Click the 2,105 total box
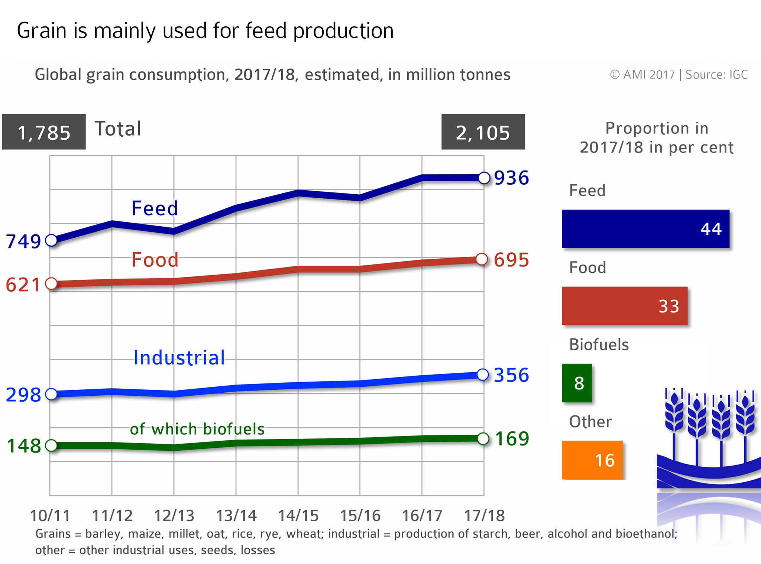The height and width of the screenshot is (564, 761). click(483, 132)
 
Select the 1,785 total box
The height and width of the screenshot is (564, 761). click(44, 132)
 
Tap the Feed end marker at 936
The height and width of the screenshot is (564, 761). click(484, 178)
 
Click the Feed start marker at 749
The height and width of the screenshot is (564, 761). click(51, 240)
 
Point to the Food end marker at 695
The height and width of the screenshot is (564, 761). click(482, 259)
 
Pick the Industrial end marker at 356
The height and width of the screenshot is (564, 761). click(482, 375)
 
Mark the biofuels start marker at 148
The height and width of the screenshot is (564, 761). click(51, 445)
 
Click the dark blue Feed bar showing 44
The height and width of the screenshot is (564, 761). click(645, 229)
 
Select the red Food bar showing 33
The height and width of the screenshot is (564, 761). click(624, 306)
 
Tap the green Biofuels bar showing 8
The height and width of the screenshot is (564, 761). click(577, 383)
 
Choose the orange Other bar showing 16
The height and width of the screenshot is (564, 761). click(592, 460)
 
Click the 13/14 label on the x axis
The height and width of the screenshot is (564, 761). click(236, 516)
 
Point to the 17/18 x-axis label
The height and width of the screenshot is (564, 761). click(484, 516)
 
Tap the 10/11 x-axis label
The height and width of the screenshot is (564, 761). click(50, 516)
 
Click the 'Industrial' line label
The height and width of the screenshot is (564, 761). click(179, 358)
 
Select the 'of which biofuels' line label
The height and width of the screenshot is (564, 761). click(197, 429)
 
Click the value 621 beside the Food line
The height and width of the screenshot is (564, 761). click(23, 285)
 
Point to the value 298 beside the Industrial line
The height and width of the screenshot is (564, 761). click(23, 395)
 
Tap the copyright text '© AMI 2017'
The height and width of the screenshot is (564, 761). click(642, 75)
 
